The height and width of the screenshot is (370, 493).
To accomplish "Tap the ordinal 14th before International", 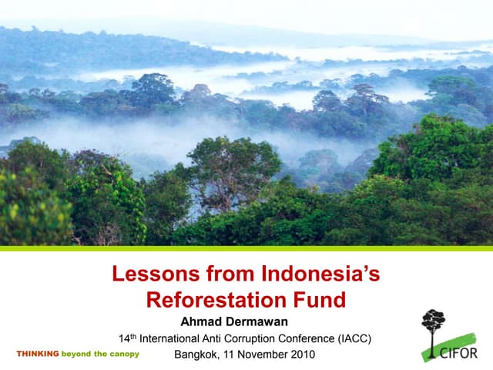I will tap(127, 338).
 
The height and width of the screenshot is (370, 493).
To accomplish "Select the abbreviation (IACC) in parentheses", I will tap(356, 338).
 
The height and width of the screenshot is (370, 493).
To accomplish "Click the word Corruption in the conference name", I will tap(248, 338).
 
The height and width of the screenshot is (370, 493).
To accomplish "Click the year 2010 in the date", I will tap(301, 355).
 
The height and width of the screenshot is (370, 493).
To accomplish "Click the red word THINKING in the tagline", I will tap(37, 354).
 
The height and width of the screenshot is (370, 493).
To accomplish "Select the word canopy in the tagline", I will tap(123, 354).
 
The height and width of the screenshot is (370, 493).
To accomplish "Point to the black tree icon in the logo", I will tap(433, 324).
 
